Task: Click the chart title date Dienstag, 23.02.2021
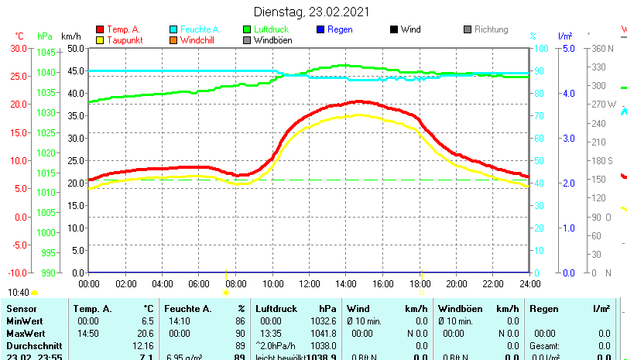(x=312, y=12)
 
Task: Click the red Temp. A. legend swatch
(x=99, y=29)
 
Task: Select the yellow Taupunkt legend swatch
(x=99, y=39)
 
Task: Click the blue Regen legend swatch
(x=321, y=29)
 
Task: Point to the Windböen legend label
(x=273, y=40)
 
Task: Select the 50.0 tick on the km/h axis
(x=75, y=48)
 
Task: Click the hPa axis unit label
(x=44, y=36)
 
